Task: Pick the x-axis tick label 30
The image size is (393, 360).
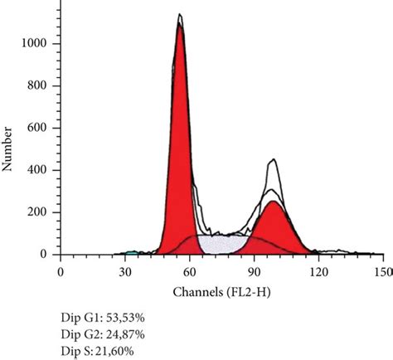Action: coord(125,271)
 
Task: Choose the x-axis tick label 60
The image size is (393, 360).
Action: coord(190,271)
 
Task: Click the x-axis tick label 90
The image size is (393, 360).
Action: coord(255,271)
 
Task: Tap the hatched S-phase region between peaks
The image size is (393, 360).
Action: coord(226,244)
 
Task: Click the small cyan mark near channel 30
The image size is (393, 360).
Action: coord(130,252)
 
